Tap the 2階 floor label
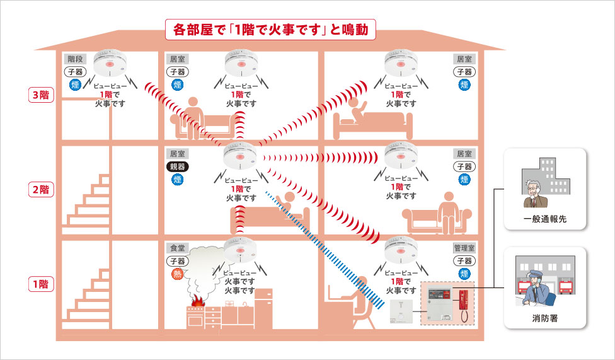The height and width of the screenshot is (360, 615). point(43,189)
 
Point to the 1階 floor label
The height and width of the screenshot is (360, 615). point(43,284)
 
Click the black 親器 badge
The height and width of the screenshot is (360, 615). point(177,166)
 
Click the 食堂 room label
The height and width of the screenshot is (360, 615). point(176,248)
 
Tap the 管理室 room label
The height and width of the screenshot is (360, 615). point(464,248)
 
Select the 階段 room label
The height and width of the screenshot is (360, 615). point(75,59)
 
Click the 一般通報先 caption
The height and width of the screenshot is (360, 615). point(545,219)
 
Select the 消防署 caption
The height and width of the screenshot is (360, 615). point(545,318)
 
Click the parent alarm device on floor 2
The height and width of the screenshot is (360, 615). point(239,155)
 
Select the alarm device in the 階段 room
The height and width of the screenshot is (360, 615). point(111,62)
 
